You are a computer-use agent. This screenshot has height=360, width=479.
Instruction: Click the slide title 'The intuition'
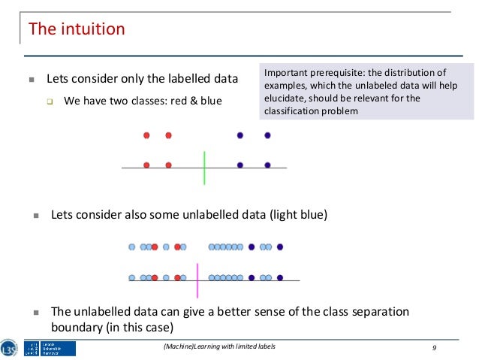click(76, 30)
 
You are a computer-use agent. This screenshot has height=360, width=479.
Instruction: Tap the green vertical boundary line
click(204, 167)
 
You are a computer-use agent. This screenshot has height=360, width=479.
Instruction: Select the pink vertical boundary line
click(197, 280)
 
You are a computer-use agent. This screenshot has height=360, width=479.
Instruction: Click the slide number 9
click(435, 346)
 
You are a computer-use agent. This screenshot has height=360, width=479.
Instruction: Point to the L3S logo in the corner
click(10, 346)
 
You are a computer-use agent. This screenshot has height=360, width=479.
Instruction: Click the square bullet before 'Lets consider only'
click(31, 79)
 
